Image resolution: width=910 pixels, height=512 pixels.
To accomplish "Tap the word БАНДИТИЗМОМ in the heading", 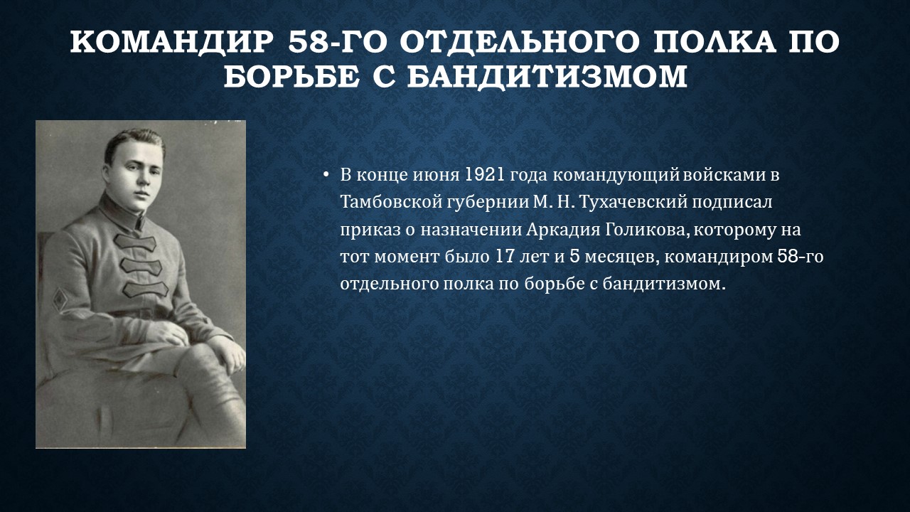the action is (x=547, y=76).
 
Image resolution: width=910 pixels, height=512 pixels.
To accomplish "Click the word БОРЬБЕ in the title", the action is (x=291, y=76).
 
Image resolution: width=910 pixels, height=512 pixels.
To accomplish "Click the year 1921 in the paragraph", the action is (x=484, y=175).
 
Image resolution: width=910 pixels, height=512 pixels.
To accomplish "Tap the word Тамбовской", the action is (x=391, y=202).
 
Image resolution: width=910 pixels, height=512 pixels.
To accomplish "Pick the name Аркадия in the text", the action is (x=563, y=229).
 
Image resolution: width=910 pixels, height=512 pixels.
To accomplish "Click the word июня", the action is (x=436, y=176).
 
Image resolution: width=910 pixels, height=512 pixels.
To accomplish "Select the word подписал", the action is (x=732, y=203).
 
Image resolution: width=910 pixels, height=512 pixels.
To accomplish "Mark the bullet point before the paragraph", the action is (x=326, y=176).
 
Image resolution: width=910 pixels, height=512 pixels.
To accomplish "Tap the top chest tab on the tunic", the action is (x=135, y=242).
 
